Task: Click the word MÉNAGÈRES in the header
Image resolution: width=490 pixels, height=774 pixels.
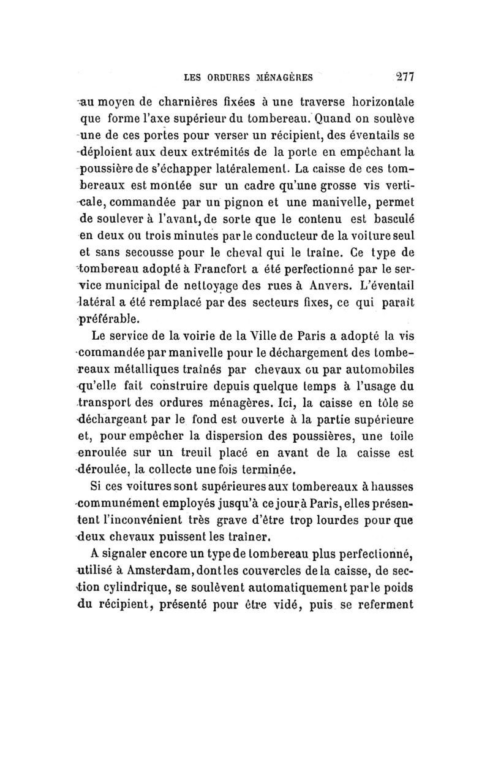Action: pyautogui.click(x=281, y=78)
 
